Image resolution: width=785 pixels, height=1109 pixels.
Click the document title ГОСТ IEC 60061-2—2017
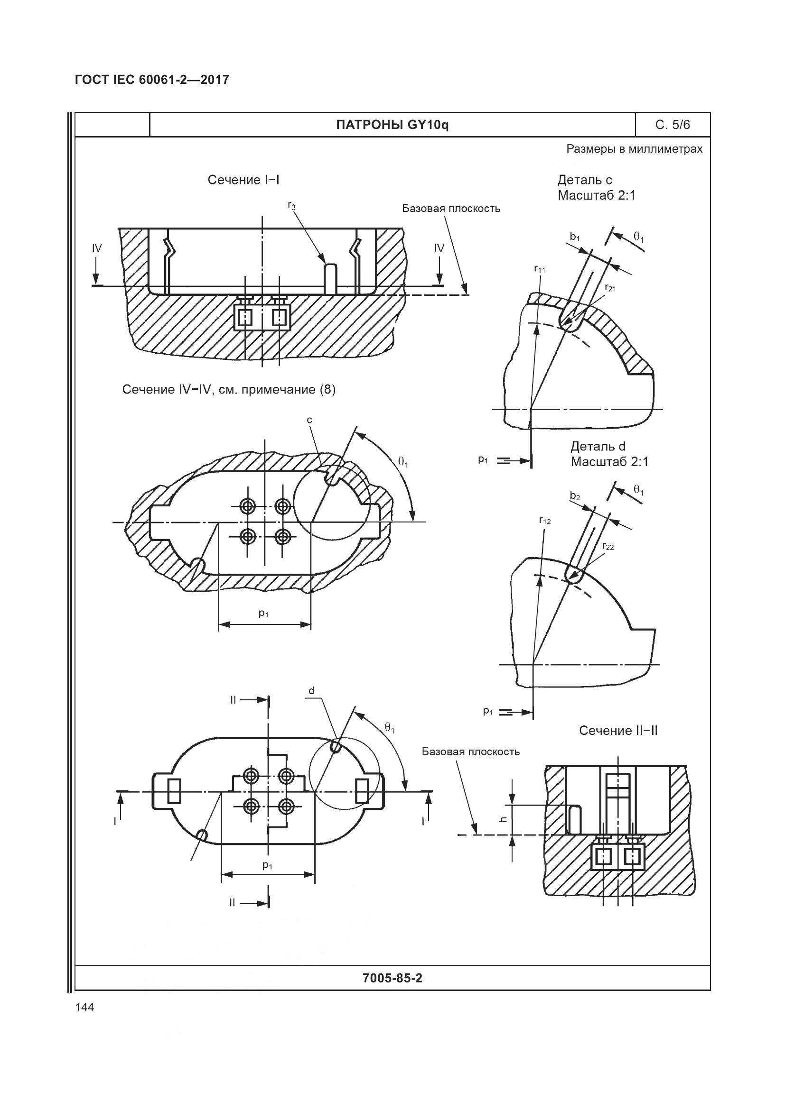(152, 80)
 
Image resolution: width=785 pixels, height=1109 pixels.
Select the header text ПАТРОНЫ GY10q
(392, 125)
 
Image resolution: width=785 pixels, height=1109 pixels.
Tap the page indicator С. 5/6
(673, 125)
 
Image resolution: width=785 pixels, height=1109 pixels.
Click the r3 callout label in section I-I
(291, 206)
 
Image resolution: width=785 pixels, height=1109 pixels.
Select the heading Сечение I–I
(243, 180)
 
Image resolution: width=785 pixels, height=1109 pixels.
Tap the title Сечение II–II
(618, 731)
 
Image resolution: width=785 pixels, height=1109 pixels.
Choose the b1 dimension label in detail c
(575, 237)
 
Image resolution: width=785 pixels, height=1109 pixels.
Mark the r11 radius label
(540, 269)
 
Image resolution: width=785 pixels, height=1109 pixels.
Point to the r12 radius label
(545, 521)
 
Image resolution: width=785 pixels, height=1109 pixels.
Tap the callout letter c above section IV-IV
(309, 420)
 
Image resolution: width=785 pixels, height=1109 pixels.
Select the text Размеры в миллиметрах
(634, 149)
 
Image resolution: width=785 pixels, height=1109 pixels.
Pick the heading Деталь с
(585, 180)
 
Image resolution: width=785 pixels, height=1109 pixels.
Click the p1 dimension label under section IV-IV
(263, 614)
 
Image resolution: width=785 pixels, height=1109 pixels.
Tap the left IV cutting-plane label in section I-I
(97, 248)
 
